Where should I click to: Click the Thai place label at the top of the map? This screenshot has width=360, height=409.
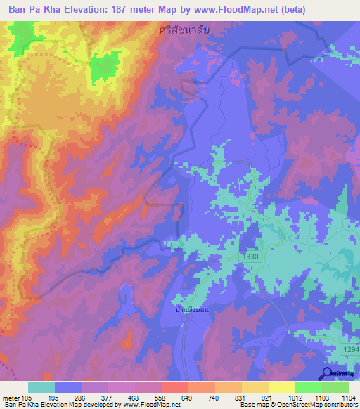pyautogui.click(x=185, y=30)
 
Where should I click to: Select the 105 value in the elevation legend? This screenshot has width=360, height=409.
pyautogui.click(x=27, y=398)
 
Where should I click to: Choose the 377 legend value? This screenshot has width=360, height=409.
pyautogui.click(x=107, y=398)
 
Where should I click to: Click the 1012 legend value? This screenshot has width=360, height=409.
pyautogui.click(x=295, y=398)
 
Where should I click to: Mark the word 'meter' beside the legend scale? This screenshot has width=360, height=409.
pyautogui.click(x=11, y=398)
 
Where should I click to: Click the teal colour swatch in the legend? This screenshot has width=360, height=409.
pyautogui.click(x=41, y=387)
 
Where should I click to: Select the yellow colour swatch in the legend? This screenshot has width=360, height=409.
pyautogui.click(x=281, y=387)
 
